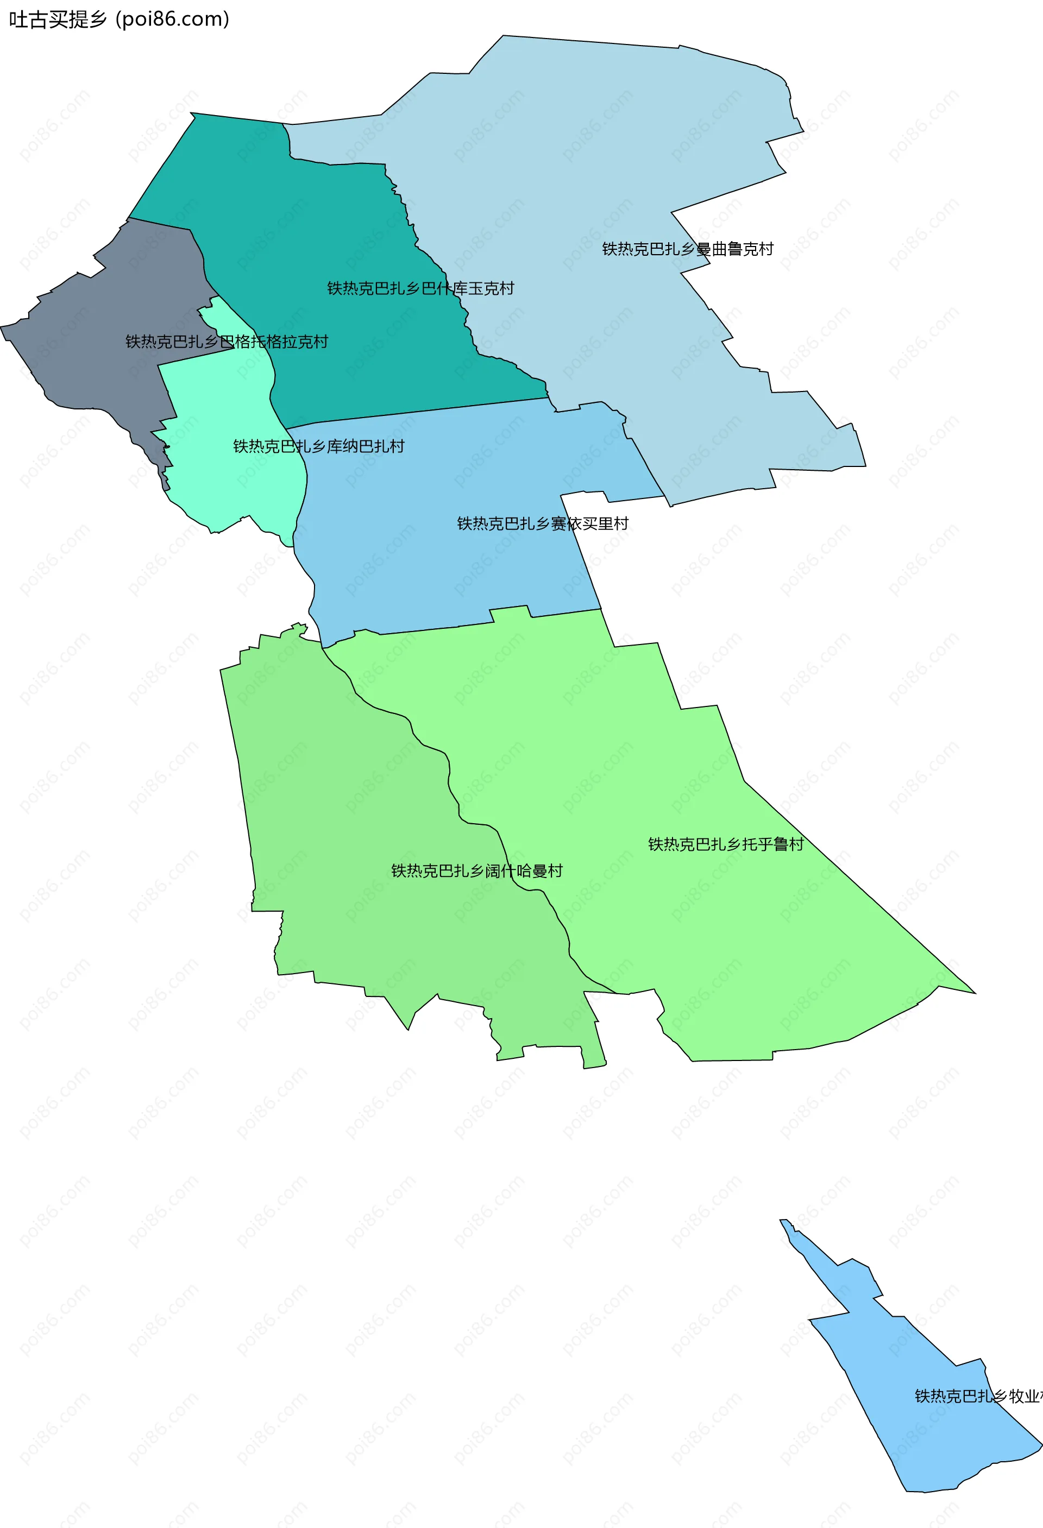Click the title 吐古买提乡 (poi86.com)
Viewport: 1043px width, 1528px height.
pos(119,19)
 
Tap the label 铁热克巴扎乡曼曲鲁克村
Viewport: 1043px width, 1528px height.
pos(687,249)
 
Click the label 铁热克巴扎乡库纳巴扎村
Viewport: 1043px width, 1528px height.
pos(318,446)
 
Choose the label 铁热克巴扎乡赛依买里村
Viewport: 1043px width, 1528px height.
pos(543,524)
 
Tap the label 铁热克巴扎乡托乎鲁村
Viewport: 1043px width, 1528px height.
pos(726,844)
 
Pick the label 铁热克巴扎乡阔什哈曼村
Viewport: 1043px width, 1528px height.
pos(477,871)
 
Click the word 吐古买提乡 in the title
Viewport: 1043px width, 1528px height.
pos(58,19)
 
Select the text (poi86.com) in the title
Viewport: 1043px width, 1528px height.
pos(172,19)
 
